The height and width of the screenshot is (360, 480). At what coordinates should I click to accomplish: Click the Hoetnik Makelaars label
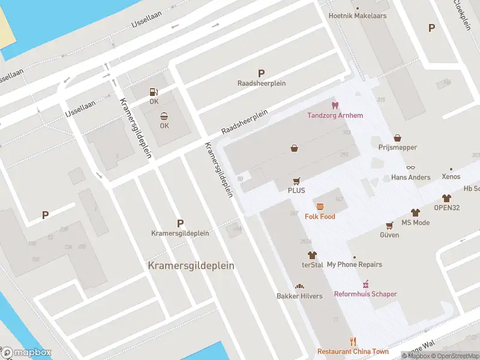(x=358, y=16)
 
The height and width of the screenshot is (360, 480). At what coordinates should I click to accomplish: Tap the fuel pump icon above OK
(x=154, y=92)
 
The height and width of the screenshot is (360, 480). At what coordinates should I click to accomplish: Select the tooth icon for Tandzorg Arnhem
(x=335, y=106)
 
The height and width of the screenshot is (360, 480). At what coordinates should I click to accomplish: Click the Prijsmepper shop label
(x=397, y=147)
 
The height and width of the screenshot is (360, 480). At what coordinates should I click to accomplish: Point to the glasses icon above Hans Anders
(x=410, y=168)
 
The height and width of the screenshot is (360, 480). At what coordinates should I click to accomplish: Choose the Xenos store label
(x=451, y=177)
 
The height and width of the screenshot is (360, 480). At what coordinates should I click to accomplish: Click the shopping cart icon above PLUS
(x=296, y=181)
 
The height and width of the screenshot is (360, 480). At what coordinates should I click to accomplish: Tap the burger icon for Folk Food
(x=320, y=206)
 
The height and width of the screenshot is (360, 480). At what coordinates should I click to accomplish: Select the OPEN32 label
(x=446, y=208)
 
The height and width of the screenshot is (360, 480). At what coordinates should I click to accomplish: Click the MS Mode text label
(x=415, y=223)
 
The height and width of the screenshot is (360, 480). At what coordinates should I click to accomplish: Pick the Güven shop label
(x=389, y=235)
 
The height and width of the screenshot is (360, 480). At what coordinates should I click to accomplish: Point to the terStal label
(x=312, y=265)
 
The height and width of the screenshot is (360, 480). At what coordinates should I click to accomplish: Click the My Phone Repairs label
(x=354, y=265)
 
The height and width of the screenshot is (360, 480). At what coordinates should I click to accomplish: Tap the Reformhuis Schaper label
(x=365, y=294)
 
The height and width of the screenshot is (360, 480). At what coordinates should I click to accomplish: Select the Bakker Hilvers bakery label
(x=299, y=296)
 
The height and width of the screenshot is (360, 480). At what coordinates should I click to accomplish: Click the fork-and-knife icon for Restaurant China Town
(x=353, y=341)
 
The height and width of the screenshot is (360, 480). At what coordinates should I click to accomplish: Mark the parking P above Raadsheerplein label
(x=261, y=73)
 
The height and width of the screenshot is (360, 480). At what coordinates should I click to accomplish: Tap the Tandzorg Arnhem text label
(x=335, y=116)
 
